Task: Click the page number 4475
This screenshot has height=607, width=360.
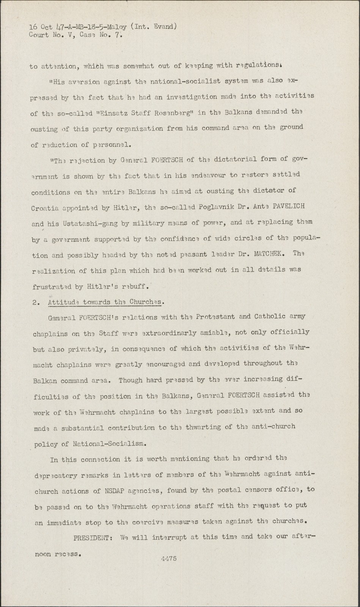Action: tap(169, 558)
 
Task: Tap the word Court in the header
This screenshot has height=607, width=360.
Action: tap(38, 35)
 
